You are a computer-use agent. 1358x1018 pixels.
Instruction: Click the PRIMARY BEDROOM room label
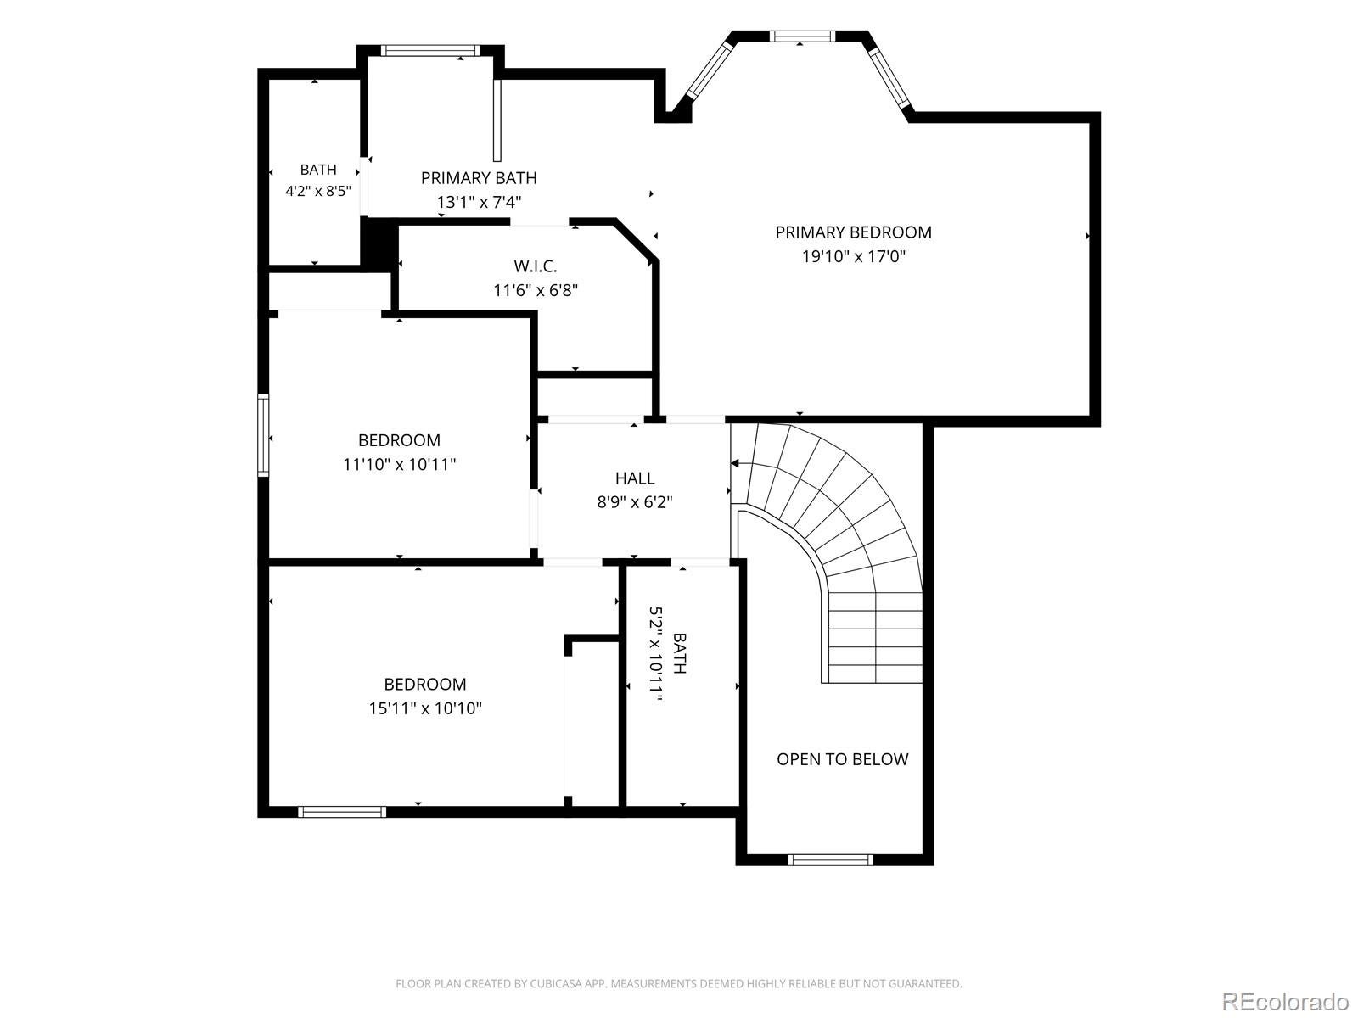[x=853, y=232]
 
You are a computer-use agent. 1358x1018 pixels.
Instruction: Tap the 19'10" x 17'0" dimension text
[x=854, y=256]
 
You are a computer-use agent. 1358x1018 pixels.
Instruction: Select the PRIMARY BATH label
[x=479, y=178]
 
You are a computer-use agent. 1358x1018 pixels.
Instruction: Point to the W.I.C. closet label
[x=536, y=266]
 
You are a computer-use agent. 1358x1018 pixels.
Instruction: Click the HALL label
[x=635, y=478]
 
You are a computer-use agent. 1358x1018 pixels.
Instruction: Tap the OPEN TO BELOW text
[x=843, y=759]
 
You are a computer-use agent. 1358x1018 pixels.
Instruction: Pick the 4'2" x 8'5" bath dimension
[x=318, y=191]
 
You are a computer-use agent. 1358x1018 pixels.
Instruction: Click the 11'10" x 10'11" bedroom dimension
[x=400, y=463]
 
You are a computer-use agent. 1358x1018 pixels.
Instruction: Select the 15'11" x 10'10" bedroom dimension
[x=426, y=708]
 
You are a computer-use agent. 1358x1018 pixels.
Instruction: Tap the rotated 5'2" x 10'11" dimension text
[x=655, y=654]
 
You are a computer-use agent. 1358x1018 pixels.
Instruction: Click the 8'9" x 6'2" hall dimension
[x=635, y=502]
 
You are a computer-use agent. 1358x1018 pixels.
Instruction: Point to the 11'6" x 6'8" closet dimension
[x=536, y=290]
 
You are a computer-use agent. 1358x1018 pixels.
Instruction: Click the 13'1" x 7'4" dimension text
[x=480, y=202]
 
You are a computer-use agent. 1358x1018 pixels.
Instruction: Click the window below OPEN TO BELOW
[x=831, y=859]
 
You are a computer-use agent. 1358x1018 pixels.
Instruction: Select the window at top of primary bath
[x=430, y=50]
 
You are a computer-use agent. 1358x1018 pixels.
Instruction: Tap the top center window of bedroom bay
[x=802, y=36]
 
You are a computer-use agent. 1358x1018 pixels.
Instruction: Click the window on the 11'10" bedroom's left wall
[x=264, y=435]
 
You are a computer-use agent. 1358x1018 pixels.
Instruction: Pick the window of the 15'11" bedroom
[x=342, y=812]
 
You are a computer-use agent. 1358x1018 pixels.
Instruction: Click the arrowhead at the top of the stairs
[x=735, y=463]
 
